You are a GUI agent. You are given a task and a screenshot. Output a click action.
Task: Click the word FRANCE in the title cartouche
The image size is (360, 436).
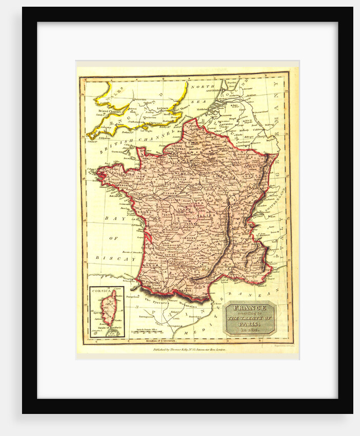pyautogui.click(x=250, y=308)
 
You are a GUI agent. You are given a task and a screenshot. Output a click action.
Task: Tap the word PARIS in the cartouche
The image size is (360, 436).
pyautogui.click(x=249, y=324)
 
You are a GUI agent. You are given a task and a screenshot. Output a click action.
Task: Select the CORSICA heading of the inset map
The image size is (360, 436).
pyautogui.click(x=101, y=291)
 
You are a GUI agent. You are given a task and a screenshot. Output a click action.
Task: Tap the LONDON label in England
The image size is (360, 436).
pyautogui.click(x=163, y=108)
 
